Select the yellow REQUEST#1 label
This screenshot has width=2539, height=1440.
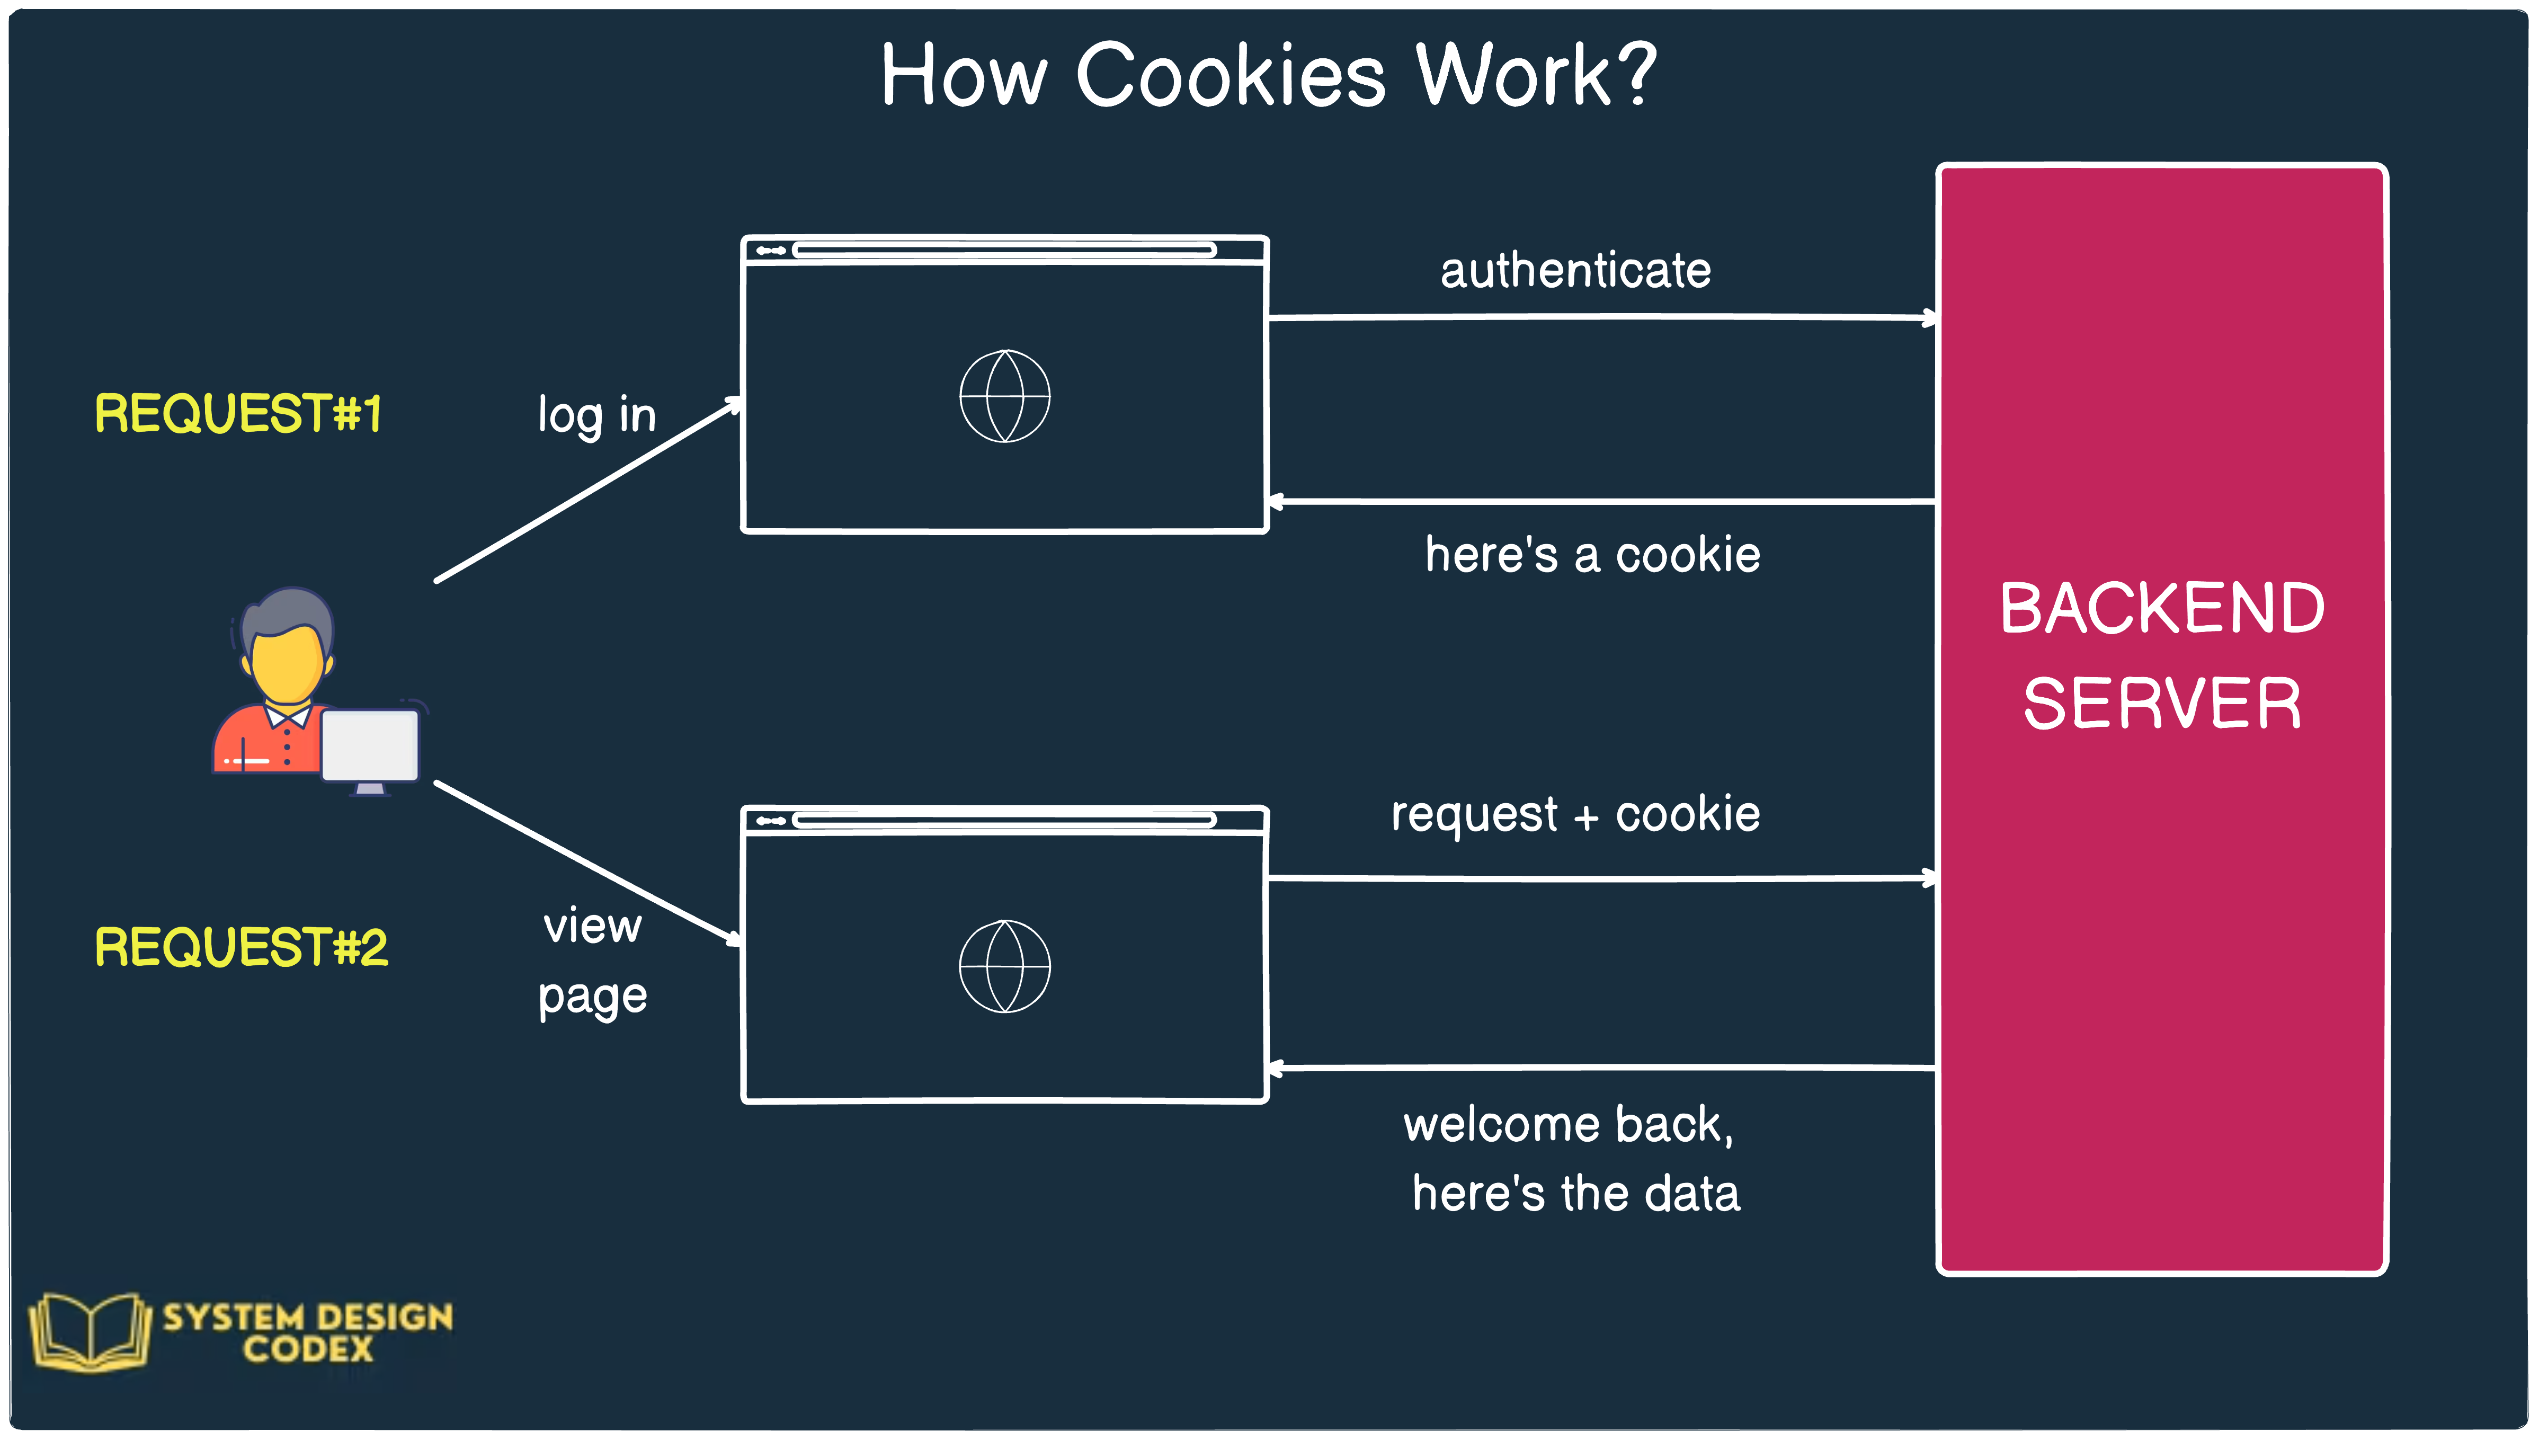(237, 413)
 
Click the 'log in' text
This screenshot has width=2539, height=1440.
(596, 415)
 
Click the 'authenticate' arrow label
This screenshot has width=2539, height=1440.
(1575, 270)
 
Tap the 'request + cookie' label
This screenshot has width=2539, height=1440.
(1575, 815)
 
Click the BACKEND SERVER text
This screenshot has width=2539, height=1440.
(2161, 655)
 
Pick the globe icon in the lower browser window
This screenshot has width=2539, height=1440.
(1004, 966)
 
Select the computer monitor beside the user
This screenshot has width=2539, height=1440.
(370, 746)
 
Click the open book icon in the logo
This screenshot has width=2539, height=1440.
(89, 1332)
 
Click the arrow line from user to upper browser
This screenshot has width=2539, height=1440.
(589, 491)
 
